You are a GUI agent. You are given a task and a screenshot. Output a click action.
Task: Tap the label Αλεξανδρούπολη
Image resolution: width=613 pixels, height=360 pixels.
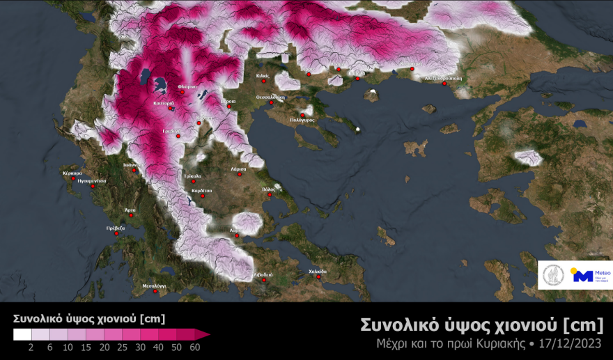point(444,79)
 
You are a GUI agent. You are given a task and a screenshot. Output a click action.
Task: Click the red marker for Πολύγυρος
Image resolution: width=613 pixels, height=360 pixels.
point(302,115)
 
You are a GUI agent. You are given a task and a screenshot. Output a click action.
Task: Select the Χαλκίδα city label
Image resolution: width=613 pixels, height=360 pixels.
point(317,272)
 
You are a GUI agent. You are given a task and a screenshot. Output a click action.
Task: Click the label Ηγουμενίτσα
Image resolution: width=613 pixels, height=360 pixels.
point(92,180)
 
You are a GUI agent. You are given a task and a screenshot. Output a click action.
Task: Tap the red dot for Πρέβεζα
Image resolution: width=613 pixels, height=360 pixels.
point(116,234)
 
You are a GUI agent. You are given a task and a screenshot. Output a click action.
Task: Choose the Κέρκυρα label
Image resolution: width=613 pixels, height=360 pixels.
point(72,173)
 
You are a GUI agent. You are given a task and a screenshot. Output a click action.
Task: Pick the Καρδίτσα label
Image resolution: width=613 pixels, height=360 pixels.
point(201,190)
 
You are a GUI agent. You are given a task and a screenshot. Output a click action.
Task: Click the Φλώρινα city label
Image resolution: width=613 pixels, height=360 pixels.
point(187,86)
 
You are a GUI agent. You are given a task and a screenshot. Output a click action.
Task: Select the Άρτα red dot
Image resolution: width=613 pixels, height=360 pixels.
point(130,215)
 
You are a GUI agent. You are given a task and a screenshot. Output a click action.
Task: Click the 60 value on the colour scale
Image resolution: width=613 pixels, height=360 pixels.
point(194,347)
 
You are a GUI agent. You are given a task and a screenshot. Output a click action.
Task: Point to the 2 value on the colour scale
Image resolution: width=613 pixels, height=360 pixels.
point(33,347)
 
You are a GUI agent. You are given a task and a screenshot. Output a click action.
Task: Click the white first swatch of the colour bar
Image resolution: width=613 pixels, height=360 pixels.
point(22,334)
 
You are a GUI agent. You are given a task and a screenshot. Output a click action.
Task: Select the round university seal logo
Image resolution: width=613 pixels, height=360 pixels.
point(554,275)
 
